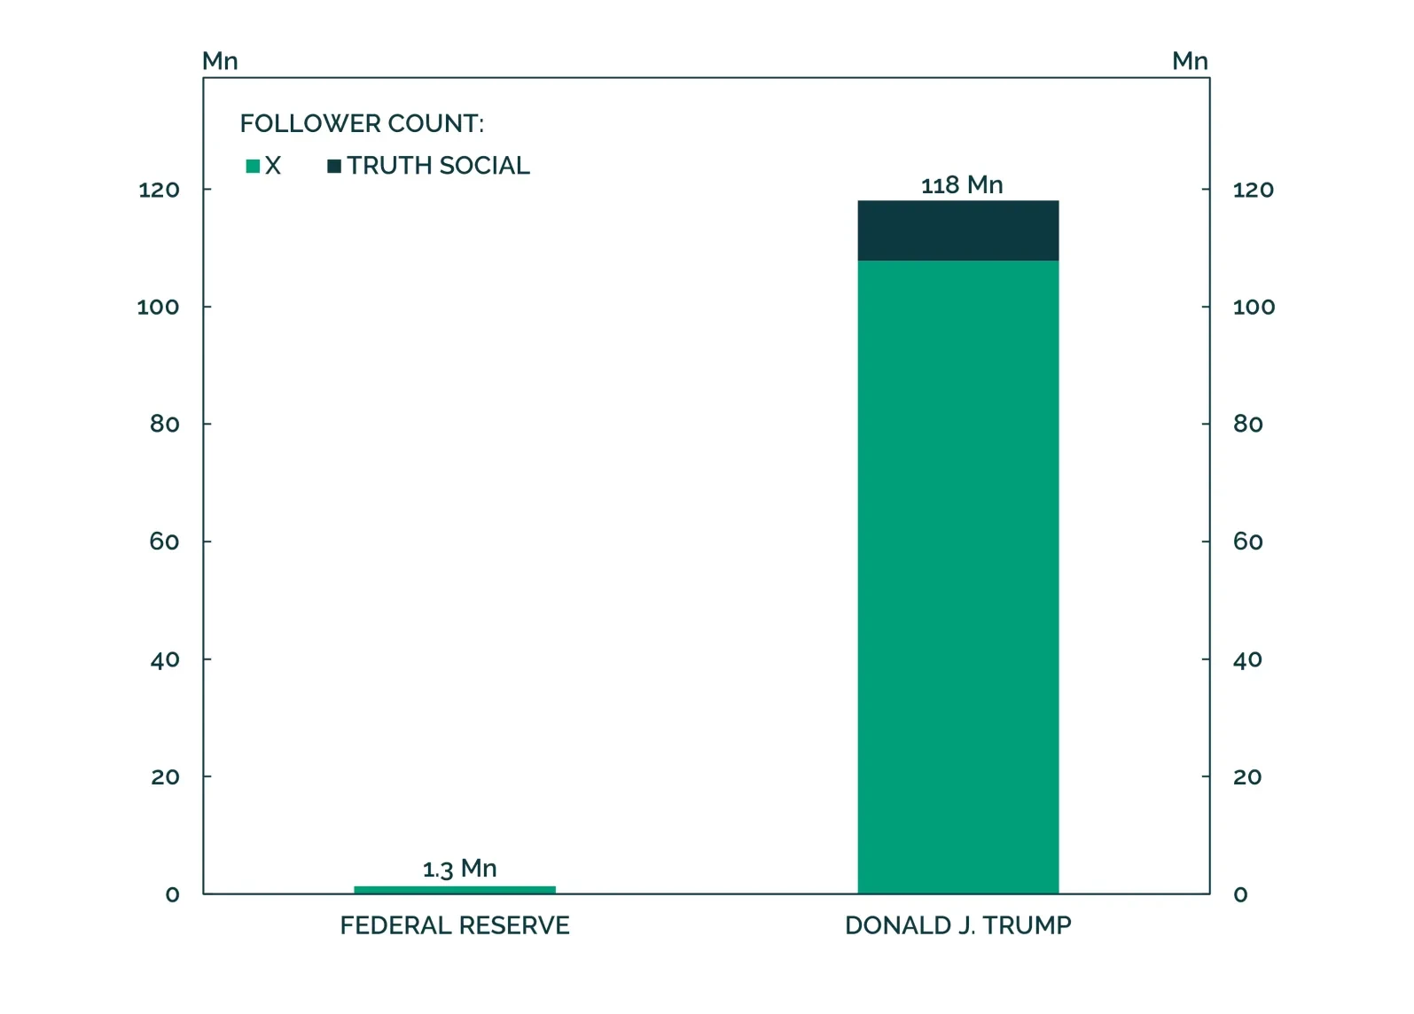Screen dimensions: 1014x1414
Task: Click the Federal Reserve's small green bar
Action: click(x=454, y=889)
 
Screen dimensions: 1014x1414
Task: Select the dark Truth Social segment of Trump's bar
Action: click(x=957, y=230)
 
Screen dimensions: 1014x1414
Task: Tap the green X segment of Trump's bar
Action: click(x=957, y=576)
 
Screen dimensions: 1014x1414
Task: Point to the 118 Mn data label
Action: click(x=962, y=185)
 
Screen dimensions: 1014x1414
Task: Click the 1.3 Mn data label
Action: click(x=459, y=869)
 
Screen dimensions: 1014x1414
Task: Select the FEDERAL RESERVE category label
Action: click(x=455, y=925)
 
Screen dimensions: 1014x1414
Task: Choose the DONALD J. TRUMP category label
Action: click(x=957, y=925)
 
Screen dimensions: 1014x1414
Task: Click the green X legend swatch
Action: click(x=253, y=166)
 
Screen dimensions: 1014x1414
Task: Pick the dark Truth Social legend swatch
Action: click(x=334, y=166)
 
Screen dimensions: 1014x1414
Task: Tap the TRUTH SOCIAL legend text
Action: click(x=438, y=166)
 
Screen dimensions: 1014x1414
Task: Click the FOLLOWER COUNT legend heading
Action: click(x=362, y=123)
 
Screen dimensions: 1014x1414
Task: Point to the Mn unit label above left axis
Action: click(x=220, y=61)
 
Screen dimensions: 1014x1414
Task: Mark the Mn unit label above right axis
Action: click(x=1190, y=61)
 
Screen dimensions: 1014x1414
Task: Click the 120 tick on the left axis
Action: click(x=159, y=190)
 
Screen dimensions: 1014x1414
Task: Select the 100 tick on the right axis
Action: click(x=1254, y=308)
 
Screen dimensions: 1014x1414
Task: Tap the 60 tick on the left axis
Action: click(x=164, y=542)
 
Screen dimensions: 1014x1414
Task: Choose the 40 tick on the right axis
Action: click(x=1247, y=659)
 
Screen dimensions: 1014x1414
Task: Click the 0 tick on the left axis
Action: click(x=172, y=894)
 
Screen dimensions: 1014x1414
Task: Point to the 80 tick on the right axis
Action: click(x=1247, y=425)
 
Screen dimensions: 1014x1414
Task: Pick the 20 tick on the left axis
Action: click(x=165, y=777)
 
